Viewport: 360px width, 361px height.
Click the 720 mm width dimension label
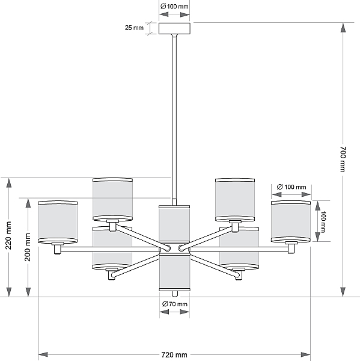tap(174, 355)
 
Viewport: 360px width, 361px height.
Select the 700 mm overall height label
tap(343, 159)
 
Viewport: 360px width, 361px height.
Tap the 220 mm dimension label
tap(8, 235)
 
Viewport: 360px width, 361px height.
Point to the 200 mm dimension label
tap(28, 247)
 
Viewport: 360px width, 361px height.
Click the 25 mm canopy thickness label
tap(134, 28)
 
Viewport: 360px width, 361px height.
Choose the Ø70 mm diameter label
tap(175, 304)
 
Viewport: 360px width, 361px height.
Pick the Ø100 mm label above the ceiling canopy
tap(174, 7)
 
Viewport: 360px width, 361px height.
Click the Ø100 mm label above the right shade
tap(291, 187)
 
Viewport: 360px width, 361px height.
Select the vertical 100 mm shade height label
tap(323, 221)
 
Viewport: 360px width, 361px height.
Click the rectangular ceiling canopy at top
tap(174, 28)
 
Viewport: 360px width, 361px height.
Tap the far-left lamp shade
tap(58, 222)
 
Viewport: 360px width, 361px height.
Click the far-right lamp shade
tap(291, 221)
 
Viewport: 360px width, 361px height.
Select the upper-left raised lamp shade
tap(112, 199)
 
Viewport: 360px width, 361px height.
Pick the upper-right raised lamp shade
tap(235, 200)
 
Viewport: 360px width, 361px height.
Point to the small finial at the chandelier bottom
tap(175, 294)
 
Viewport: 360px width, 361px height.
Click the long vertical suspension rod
tap(174, 117)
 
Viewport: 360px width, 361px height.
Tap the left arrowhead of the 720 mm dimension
tap(43, 354)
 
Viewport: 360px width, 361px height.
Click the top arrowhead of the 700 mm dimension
tap(343, 28)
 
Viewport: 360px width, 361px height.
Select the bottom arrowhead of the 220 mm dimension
tap(9, 292)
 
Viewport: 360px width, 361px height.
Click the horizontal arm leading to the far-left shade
tap(110, 249)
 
